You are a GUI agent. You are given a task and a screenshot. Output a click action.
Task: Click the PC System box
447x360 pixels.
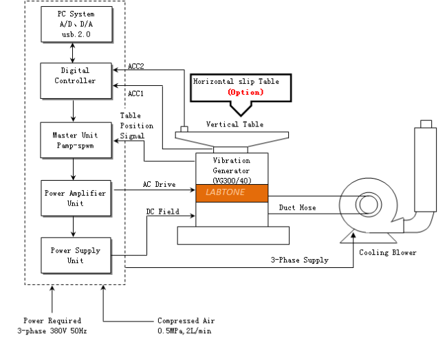[x=73, y=24]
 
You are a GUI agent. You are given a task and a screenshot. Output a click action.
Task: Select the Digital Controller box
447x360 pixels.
[x=73, y=76]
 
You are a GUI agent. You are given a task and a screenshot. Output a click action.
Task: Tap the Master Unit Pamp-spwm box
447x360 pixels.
[x=73, y=140]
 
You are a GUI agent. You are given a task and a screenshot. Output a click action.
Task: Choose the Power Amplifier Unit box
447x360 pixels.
[x=74, y=199]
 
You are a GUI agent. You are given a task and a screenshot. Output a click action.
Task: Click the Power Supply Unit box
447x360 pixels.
[x=74, y=256]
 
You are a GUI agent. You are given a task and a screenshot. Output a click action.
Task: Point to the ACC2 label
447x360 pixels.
[x=135, y=67]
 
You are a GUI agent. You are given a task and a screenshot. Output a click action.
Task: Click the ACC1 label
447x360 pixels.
[x=135, y=93]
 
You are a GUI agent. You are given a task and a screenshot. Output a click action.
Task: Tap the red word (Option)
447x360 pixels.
[x=245, y=91]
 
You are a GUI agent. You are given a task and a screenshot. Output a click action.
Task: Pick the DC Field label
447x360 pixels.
[x=162, y=212]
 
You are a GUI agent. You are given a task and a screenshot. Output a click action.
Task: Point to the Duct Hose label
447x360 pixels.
[x=298, y=207]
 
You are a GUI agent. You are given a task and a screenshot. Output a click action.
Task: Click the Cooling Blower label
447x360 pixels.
[x=388, y=253]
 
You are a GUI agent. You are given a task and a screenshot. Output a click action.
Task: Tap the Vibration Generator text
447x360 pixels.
[x=231, y=165]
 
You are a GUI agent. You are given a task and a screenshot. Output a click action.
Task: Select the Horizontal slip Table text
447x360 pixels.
[x=235, y=81]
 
